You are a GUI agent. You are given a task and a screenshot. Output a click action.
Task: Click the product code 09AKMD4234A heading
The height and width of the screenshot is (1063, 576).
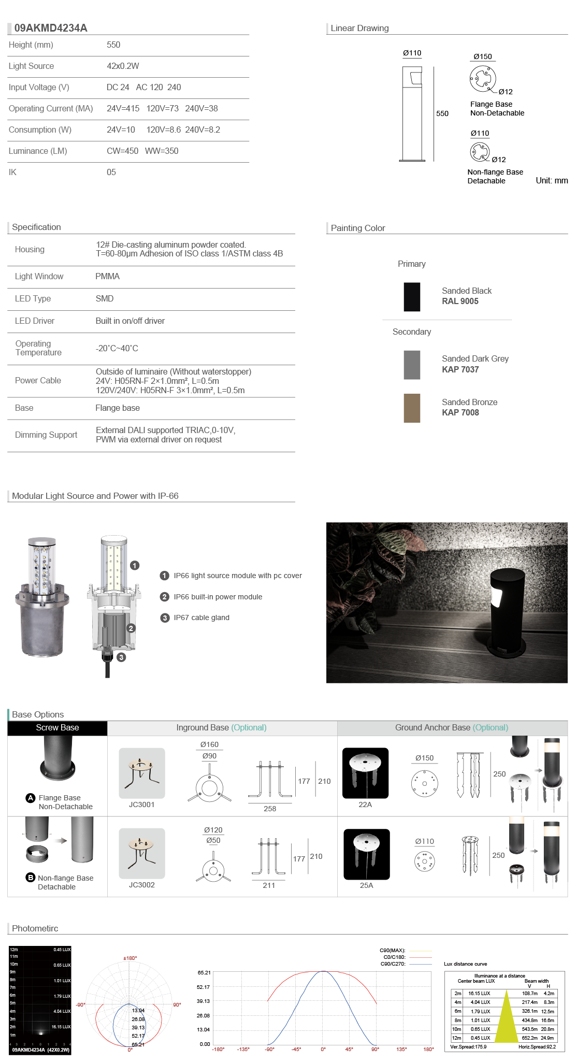(51, 28)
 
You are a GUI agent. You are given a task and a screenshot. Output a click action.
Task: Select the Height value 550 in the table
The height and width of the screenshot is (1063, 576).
(113, 45)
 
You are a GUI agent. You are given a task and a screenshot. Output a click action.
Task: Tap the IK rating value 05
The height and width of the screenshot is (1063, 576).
(111, 173)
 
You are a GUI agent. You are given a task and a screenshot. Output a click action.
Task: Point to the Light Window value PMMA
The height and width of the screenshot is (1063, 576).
(107, 277)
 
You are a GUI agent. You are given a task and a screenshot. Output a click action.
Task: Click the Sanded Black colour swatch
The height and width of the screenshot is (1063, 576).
(412, 297)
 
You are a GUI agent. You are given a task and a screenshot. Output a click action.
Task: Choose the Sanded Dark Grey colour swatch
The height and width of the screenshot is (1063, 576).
(412, 365)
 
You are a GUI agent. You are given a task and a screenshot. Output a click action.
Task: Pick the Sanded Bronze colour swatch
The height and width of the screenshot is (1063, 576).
(412, 408)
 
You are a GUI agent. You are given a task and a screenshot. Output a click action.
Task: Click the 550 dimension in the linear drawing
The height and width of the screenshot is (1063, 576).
(442, 113)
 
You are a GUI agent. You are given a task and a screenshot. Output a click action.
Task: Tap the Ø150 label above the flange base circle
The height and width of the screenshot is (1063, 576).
(483, 56)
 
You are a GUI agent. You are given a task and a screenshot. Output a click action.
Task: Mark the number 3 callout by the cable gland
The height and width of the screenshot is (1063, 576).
(121, 657)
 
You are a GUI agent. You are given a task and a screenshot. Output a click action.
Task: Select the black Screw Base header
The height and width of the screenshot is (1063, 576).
(57, 728)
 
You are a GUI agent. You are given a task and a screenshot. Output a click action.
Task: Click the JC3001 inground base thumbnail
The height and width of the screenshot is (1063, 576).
(142, 773)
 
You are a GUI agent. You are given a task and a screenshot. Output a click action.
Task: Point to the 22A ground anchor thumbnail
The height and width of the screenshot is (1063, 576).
(365, 773)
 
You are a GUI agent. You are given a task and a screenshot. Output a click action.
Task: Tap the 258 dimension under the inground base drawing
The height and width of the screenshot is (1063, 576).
(270, 809)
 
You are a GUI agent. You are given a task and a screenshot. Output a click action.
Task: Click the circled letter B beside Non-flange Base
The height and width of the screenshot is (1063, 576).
(31, 878)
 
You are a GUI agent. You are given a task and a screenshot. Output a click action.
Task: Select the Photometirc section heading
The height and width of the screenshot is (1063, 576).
(35, 928)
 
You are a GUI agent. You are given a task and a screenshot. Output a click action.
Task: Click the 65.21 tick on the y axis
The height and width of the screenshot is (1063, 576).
(204, 973)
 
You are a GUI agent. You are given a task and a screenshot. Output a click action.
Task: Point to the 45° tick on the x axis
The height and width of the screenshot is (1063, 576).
(349, 1049)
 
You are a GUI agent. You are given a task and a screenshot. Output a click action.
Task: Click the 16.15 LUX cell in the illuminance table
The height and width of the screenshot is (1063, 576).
(479, 994)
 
